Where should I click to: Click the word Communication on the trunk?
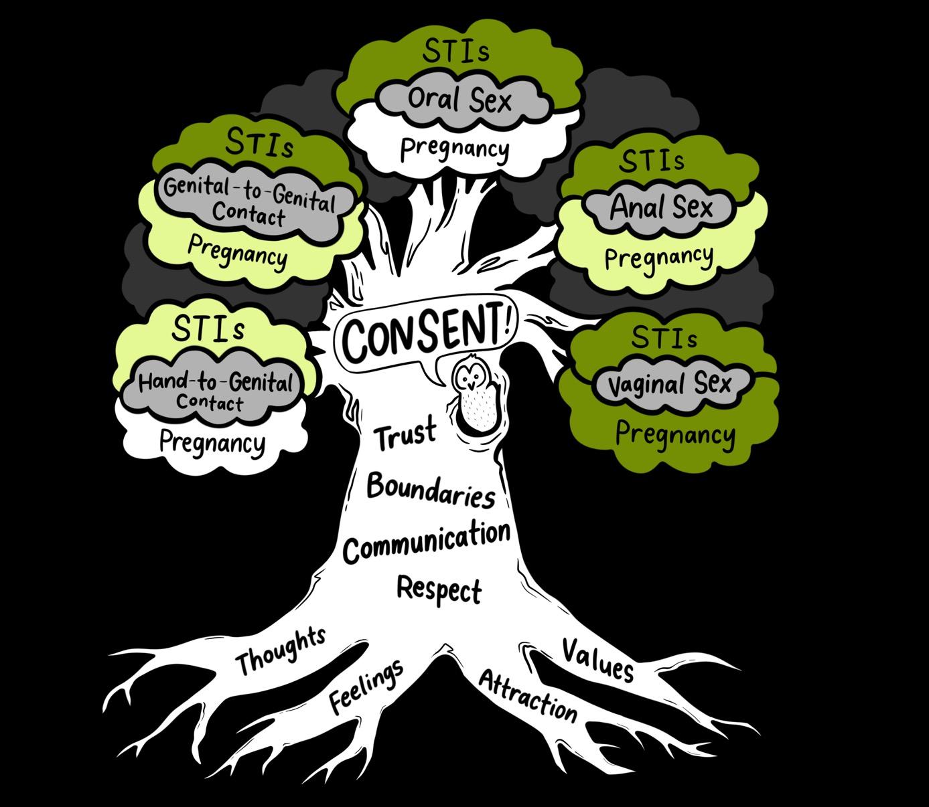[427, 541]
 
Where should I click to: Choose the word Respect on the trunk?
[439, 589]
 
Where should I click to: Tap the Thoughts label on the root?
[281, 650]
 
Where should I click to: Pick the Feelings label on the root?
[366, 686]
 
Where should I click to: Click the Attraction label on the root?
[528, 696]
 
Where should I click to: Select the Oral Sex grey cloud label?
[459, 100]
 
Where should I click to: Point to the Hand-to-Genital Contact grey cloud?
[216, 390]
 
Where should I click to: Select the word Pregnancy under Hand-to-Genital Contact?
[212, 442]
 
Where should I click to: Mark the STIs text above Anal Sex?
[652, 161]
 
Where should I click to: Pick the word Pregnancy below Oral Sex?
[454, 148]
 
